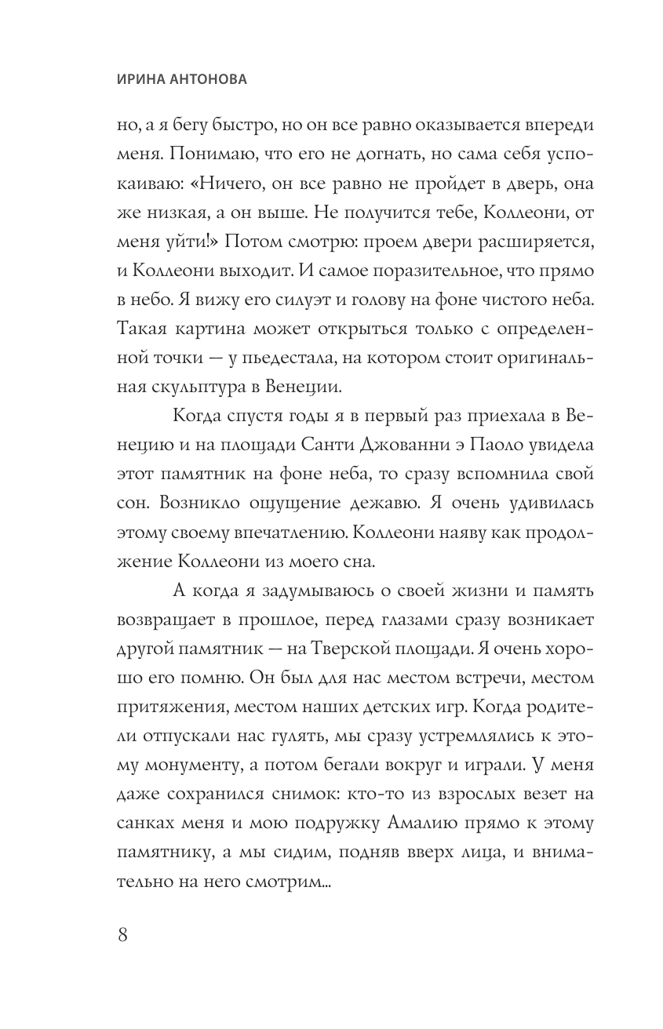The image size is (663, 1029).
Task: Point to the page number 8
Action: click(122, 935)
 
